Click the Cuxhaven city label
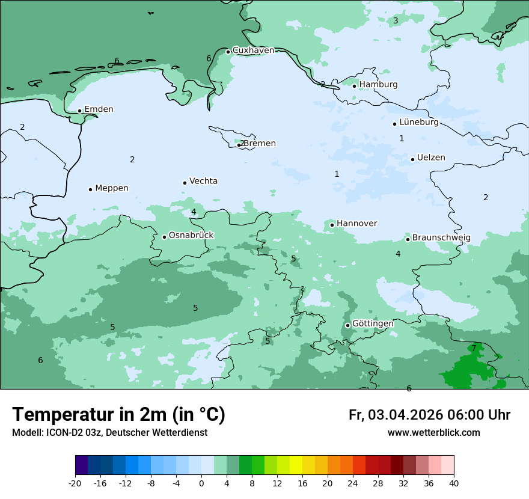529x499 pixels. (253, 51)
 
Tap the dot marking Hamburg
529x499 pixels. (355, 86)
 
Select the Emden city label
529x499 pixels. (99, 109)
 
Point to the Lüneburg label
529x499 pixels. (419, 123)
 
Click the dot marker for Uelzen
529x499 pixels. (413, 159)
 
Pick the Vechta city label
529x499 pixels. (203, 182)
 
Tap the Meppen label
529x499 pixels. (112, 188)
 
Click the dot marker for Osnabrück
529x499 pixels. (164, 237)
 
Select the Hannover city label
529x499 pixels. (356, 224)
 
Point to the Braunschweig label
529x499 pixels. (441, 238)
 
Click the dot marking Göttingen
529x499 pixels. (347, 325)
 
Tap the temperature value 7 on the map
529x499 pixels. (474, 348)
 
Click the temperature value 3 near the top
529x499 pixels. (396, 21)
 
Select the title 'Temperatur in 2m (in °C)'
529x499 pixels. (119, 415)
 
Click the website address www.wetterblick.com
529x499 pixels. (433, 433)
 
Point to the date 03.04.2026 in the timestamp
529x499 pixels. (405, 415)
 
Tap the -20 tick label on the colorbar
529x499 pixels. (75, 483)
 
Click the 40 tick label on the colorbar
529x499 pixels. (453, 483)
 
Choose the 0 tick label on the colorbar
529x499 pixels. (201, 483)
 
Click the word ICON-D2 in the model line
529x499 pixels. (63, 433)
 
